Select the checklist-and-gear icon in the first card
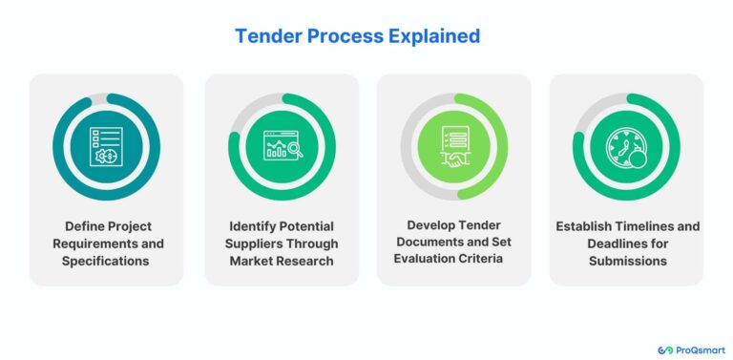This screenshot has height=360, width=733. point(106,147)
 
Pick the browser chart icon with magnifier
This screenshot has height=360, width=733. point(282,147)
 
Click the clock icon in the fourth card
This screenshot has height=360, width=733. point(626,147)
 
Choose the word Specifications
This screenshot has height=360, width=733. point(106,261)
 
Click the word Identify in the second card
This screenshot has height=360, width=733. point(255,226)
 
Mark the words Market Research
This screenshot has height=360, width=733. point(282,261)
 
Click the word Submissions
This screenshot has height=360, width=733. point(626,261)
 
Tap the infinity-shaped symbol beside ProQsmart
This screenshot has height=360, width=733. point(664,349)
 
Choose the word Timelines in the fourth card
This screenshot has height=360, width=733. point(654,226)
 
